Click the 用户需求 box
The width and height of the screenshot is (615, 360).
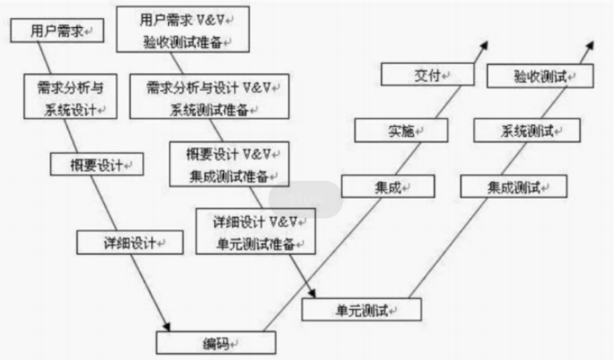pyautogui.click(x=57, y=31)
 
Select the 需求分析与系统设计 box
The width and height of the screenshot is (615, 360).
pyautogui.click(x=70, y=97)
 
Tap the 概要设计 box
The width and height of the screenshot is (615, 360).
pyautogui.click(x=97, y=165)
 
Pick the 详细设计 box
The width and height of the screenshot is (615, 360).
pyautogui.click(x=130, y=243)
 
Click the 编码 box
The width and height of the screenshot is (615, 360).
pyautogui.click(x=216, y=343)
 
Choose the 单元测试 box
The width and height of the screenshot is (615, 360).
pyautogui.click(x=362, y=310)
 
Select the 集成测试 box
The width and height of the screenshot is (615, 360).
pyautogui.click(x=514, y=187)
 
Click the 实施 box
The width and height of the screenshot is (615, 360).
pyautogui.click(x=400, y=131)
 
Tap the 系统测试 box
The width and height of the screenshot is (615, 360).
pyautogui.click(x=527, y=131)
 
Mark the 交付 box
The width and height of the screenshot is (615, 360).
pyautogui.click(x=428, y=75)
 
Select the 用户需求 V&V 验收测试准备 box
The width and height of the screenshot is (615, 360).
pyautogui.click(x=183, y=30)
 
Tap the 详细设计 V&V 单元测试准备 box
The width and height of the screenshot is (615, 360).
pyautogui.click(x=255, y=231)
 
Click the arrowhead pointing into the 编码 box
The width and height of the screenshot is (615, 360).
pyautogui.click(x=166, y=325)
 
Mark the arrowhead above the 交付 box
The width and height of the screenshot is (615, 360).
pyautogui.click(x=484, y=45)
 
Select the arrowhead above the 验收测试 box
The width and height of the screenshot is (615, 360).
pyautogui.click(x=590, y=45)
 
